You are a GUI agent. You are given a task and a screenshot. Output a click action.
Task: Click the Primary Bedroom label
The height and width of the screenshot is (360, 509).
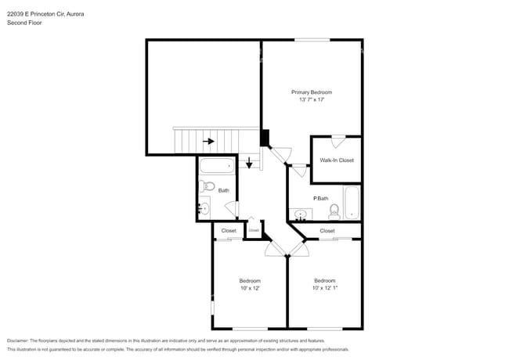coord(312,92)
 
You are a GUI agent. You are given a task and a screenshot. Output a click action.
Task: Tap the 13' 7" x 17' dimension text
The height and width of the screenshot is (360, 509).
coord(312,100)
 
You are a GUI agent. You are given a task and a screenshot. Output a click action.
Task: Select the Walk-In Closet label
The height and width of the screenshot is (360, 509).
coord(337,160)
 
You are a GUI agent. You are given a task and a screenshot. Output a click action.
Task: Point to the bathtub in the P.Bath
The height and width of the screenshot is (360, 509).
coord(352,203)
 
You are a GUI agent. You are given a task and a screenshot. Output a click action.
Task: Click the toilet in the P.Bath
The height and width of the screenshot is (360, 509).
coord(334,211)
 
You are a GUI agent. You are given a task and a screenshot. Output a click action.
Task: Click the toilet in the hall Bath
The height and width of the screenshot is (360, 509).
coord(206,186)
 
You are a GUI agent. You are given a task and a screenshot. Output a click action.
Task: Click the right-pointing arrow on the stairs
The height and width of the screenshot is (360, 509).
coord(208,142)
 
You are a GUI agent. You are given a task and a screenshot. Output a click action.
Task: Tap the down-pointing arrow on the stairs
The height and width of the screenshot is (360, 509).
coord(250,163)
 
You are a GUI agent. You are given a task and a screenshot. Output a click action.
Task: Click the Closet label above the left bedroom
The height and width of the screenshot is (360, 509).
coord(229,231)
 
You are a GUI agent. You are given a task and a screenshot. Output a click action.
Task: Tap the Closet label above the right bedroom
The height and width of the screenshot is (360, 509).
coord(327,231)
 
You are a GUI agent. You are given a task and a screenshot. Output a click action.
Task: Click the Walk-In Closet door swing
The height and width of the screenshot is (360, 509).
coord(338,142)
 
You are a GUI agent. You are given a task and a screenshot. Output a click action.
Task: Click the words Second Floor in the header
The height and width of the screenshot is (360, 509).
coord(24,23)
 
